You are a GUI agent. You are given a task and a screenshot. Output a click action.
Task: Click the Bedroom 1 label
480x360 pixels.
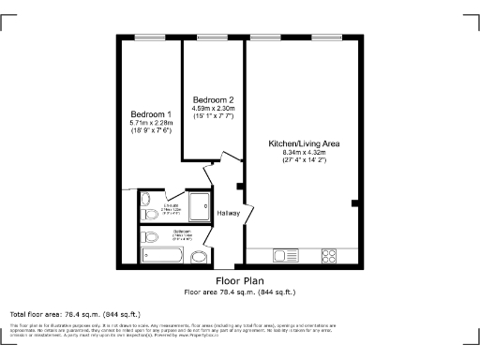148,113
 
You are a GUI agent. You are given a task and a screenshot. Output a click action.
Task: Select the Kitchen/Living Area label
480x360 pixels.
304,143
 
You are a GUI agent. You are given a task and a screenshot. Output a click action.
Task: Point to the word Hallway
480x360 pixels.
229,213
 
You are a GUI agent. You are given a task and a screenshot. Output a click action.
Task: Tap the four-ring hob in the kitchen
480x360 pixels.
330,255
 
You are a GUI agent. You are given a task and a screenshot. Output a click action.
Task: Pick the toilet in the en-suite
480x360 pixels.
146,199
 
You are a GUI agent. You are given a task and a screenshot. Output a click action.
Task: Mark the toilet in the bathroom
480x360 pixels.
149,236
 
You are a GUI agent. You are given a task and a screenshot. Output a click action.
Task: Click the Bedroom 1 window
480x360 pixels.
148,37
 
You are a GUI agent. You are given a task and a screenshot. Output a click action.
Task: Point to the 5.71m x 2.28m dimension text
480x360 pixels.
148,123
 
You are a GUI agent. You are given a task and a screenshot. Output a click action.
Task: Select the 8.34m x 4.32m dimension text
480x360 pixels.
304,153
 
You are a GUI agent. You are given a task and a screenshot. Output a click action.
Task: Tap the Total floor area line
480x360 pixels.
75,313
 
